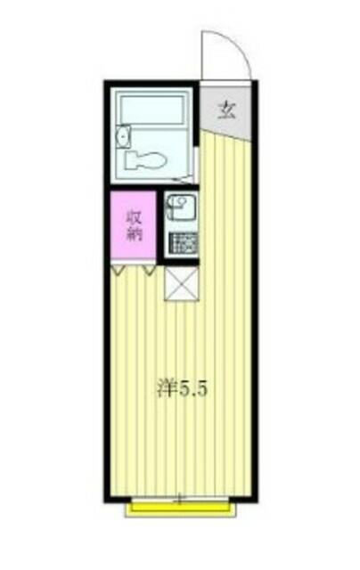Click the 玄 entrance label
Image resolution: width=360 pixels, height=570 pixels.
227,110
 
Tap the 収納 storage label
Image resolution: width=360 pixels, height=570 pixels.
134,226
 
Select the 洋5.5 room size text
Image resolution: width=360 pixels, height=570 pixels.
182,389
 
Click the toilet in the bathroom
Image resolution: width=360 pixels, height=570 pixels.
145,159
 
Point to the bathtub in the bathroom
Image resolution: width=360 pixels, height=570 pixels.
152,110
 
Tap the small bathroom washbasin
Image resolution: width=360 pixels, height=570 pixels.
124,136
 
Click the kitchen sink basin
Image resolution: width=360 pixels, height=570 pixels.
182,207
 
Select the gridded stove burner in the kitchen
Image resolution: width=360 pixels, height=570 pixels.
184,241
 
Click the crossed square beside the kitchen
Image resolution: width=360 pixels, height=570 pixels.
182,284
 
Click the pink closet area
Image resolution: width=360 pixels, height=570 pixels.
134,224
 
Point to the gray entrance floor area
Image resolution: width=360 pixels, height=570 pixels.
225,110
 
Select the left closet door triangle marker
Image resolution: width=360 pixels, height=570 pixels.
119,270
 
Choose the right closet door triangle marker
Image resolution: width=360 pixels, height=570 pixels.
149,270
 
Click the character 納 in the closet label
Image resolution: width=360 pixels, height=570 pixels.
134,234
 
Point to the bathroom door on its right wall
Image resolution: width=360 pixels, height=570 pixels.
196,164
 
